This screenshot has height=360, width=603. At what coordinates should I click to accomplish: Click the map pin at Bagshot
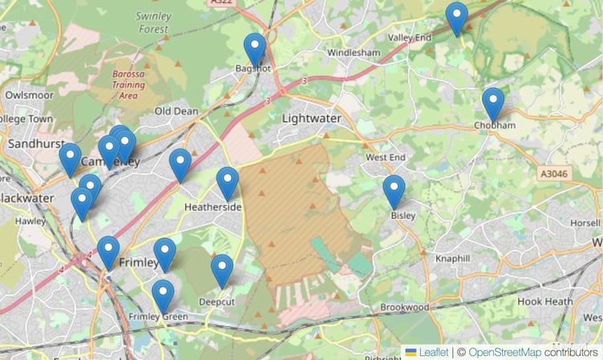[x=255, y=48]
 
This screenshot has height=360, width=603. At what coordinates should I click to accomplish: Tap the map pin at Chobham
[x=493, y=102]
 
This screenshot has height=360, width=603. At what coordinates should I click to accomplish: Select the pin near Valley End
[x=457, y=17]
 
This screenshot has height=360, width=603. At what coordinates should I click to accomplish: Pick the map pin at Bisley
[x=394, y=190]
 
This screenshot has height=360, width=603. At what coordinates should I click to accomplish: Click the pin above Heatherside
[x=228, y=182]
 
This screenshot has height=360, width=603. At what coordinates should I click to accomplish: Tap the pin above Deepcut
[x=222, y=269]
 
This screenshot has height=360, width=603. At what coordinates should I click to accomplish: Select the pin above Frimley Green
[x=163, y=294]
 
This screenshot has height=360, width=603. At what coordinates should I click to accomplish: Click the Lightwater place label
[x=311, y=118]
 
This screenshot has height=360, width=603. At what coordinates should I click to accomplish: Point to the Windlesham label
[x=354, y=53]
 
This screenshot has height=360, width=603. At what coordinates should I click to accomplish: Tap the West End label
[x=385, y=158]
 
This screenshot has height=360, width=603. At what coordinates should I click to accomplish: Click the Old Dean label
[x=176, y=111]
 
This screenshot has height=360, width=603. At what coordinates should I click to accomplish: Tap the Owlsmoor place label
[x=29, y=94]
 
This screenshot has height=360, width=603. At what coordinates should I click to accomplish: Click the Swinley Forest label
[x=152, y=22]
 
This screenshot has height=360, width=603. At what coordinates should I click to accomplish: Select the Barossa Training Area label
[x=128, y=84]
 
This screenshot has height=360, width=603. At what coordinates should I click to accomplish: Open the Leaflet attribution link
[x=433, y=352]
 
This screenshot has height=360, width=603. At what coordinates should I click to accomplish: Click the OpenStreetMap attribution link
[x=504, y=352]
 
